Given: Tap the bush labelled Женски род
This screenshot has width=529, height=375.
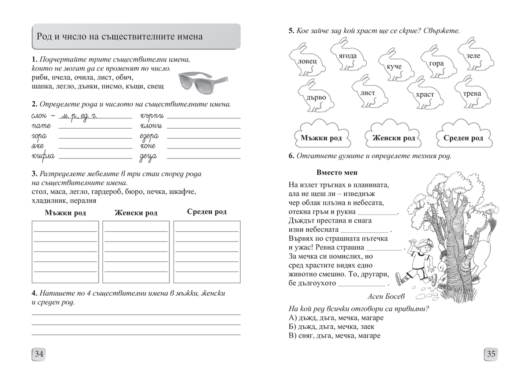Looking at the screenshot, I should (x=393, y=137).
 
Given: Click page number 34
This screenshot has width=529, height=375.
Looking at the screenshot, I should (x=39, y=354).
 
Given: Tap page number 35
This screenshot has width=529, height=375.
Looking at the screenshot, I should (x=491, y=354).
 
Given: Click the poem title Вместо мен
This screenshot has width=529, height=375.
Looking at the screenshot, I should (x=337, y=172).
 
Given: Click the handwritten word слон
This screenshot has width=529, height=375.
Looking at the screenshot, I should (x=40, y=116).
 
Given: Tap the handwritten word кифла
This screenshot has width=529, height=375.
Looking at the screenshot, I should (x=43, y=156).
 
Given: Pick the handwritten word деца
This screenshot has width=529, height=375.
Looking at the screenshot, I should (x=149, y=156).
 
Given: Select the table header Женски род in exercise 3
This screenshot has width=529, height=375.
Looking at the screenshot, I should (x=136, y=213).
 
